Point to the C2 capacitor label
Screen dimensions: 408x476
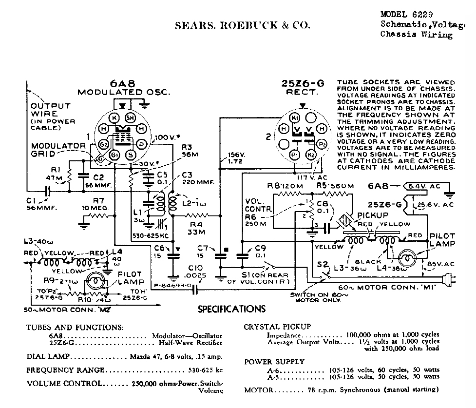click(98, 178)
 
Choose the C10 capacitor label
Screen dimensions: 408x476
click(195, 268)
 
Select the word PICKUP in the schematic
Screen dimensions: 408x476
click(373, 215)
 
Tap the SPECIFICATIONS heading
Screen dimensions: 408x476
click(232, 309)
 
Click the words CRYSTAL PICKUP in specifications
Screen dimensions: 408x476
click(277, 327)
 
